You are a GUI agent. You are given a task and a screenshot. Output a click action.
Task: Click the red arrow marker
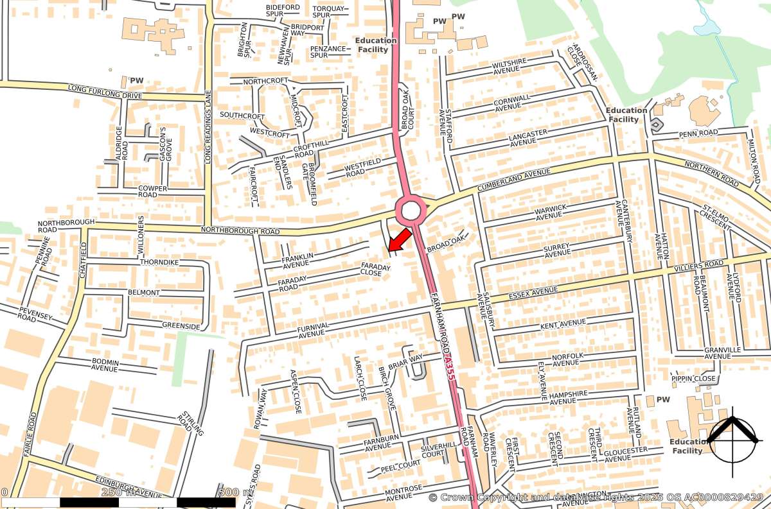pyautogui.click(x=399, y=239)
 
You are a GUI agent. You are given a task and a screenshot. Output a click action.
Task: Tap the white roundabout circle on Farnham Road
pyautogui.click(x=411, y=211)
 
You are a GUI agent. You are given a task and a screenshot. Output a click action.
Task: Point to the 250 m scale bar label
pyautogui.click(x=119, y=492)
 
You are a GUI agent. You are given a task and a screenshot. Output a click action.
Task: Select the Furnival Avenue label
pyautogui.click(x=314, y=330)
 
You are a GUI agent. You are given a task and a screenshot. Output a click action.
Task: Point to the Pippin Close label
pyautogui.click(x=693, y=379)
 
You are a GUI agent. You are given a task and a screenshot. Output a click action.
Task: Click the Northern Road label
pyautogui.click(x=711, y=174)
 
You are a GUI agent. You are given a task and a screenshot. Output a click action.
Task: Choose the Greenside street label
pyautogui.click(x=181, y=326)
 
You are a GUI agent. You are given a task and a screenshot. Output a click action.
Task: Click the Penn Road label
pyautogui.click(x=698, y=133)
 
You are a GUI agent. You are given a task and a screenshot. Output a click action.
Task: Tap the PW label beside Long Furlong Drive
pyautogui.click(x=137, y=81)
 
